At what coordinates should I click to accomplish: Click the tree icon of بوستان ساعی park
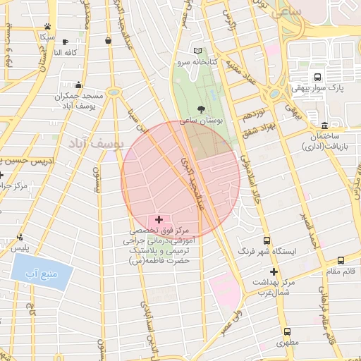(x=203, y=109)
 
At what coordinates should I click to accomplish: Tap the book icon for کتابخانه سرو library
(x=198, y=51)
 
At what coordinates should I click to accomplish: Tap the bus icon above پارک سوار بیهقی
(x=317, y=77)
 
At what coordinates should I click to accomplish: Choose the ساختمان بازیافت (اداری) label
(x=324, y=142)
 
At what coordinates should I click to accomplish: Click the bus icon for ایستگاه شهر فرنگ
(x=267, y=240)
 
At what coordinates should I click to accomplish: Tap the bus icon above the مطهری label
(x=287, y=331)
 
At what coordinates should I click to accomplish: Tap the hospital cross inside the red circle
(x=159, y=220)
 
